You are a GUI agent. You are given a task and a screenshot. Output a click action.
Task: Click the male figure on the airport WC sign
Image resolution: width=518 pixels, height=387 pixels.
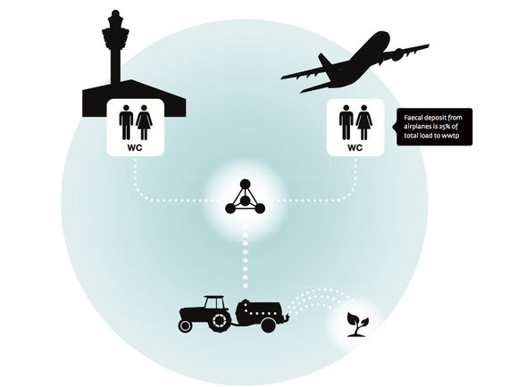coord(126,122)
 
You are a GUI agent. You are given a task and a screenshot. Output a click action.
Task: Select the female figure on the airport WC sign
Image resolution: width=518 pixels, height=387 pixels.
coord(144,122)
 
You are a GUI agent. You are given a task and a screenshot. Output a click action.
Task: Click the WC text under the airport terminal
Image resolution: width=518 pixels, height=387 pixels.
coord(135,147)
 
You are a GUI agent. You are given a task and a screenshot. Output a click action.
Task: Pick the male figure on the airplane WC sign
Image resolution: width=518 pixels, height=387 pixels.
coord(346,122)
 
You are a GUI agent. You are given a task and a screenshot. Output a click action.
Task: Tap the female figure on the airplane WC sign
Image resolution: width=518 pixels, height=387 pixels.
coord(363,122)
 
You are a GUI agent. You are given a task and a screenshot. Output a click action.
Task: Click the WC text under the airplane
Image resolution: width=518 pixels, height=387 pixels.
coord(355,147)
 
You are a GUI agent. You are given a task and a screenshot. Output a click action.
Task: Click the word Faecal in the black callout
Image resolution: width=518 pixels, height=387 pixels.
coord(413,118)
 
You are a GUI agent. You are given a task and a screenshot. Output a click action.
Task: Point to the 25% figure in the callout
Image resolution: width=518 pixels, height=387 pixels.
coord(446,127)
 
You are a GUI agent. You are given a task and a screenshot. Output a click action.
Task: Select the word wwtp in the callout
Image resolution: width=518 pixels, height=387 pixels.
coord(451,136)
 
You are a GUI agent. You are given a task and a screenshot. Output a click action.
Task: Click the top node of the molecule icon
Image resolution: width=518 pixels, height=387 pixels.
coord(245,184)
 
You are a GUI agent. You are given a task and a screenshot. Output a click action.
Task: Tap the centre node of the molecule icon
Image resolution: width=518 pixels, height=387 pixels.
coord(245,201)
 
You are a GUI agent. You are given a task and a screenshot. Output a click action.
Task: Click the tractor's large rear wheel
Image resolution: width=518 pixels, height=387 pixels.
coord(219,320)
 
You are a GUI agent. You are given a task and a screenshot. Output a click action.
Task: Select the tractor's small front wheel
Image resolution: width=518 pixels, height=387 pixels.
coord(185,326)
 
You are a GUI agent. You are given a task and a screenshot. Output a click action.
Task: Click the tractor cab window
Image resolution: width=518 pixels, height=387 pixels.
coord(214,303)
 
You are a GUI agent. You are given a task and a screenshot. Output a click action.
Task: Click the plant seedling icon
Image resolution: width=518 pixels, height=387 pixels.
coord(357,325)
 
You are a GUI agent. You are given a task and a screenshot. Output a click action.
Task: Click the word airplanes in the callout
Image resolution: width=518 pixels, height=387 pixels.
coord(417,127)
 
